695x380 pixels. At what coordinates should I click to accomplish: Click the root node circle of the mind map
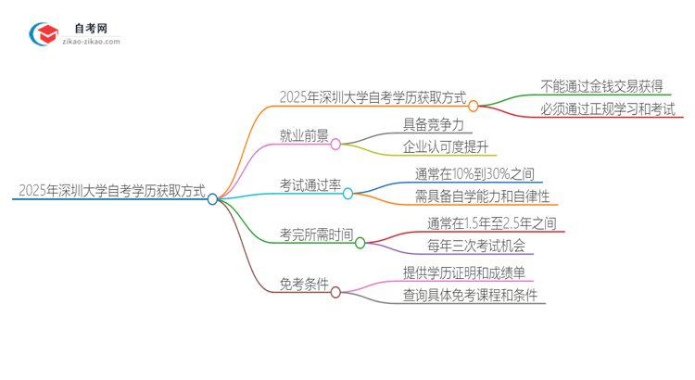[212, 198]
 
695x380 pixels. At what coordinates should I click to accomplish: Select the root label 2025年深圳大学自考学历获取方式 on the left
[109, 192]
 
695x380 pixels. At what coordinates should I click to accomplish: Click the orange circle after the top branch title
[473, 106]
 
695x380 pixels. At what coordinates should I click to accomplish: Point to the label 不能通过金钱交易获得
[601, 86]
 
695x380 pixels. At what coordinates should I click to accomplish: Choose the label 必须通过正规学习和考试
[608, 110]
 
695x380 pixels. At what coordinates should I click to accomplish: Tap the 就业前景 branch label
[304, 136]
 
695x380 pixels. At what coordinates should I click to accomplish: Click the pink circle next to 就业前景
[335, 144]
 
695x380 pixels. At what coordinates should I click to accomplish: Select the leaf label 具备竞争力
[433, 123]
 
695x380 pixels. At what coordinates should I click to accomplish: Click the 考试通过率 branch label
[310, 185]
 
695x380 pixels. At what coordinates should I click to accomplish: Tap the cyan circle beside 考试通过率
[348, 193]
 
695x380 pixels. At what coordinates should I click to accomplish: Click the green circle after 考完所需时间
[360, 243]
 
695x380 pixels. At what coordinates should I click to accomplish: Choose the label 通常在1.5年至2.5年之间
[491, 222]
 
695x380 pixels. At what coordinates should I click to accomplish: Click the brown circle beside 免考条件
[335, 292]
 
